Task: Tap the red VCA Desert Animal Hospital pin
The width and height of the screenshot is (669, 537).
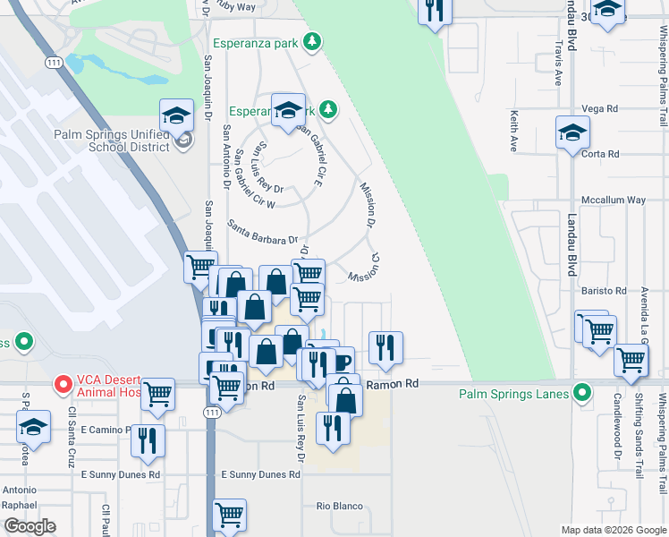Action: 62,384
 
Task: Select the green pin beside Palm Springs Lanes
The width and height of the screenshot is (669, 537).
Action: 582,392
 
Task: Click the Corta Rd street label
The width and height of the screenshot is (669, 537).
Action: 600,154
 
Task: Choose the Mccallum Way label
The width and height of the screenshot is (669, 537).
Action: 613,200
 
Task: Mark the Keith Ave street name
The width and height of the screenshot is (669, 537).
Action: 514,131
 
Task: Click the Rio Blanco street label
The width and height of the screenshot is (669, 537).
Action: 340,506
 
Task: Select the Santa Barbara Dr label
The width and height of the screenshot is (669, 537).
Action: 261,233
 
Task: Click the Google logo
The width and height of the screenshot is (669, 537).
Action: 30,527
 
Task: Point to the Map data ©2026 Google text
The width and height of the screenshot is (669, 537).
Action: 613,530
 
